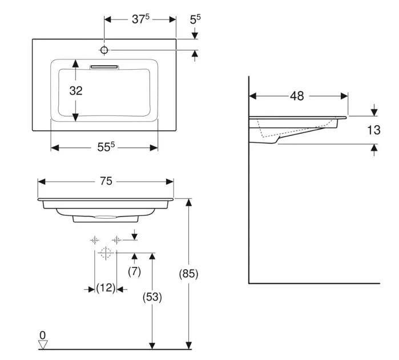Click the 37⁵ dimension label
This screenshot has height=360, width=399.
click(x=140, y=19)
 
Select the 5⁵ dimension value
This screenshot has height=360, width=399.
click(x=195, y=19)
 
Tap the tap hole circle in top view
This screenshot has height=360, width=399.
click(x=104, y=50)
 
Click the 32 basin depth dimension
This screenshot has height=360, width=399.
click(x=76, y=90)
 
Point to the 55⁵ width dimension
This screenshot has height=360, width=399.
click(x=106, y=147)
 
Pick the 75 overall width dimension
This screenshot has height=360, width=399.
click(x=106, y=181)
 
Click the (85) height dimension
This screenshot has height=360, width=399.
click(x=188, y=274)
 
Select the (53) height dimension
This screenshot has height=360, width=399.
click(x=152, y=297)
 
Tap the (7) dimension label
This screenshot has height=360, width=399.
click(x=134, y=272)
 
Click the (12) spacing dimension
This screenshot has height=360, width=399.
click(x=106, y=287)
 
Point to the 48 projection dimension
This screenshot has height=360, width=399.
click(x=297, y=96)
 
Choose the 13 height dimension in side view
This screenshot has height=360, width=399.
click(x=373, y=130)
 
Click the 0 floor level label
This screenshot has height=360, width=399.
click(x=43, y=335)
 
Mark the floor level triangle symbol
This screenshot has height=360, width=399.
click(x=43, y=344)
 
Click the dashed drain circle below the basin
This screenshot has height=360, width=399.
click(x=106, y=253)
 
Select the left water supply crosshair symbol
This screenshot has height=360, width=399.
click(x=95, y=240)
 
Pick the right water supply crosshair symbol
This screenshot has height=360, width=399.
click(x=116, y=240)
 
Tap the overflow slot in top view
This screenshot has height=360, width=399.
click(x=104, y=67)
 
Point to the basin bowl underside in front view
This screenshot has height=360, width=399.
click(x=106, y=218)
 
